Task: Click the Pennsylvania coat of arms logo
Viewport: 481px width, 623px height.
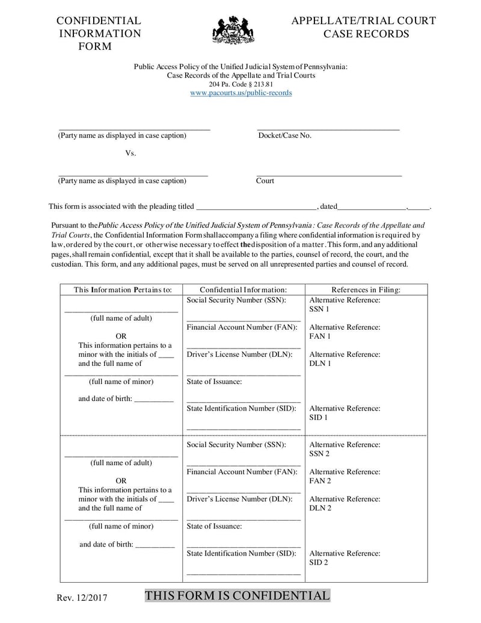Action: (233, 29)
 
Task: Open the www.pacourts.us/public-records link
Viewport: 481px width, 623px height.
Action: (240, 93)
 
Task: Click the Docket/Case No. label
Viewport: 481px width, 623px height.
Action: (284, 135)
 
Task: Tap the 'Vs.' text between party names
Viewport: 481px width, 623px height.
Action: (130, 153)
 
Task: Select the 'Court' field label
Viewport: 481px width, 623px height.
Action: (265, 181)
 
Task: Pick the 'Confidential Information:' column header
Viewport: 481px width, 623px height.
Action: (243, 290)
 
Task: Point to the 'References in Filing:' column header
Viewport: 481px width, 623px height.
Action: (366, 290)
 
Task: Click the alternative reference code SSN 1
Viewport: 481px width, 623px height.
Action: (319, 309)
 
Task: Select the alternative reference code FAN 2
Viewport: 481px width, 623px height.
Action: (320, 481)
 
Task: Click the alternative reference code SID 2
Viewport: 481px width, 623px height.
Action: (319, 562)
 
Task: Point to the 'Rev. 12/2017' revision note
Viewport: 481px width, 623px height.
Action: (82, 598)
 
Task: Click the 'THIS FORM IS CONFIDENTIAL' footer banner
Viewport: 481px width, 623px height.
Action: (237, 596)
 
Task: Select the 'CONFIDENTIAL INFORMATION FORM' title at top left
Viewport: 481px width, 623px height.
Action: (99, 34)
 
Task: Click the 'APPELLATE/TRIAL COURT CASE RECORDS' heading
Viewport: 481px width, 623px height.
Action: (363, 27)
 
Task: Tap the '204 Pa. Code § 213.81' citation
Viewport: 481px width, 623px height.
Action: (240, 84)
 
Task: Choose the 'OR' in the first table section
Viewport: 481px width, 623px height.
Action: (121, 336)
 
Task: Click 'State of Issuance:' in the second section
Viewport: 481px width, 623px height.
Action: (214, 526)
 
